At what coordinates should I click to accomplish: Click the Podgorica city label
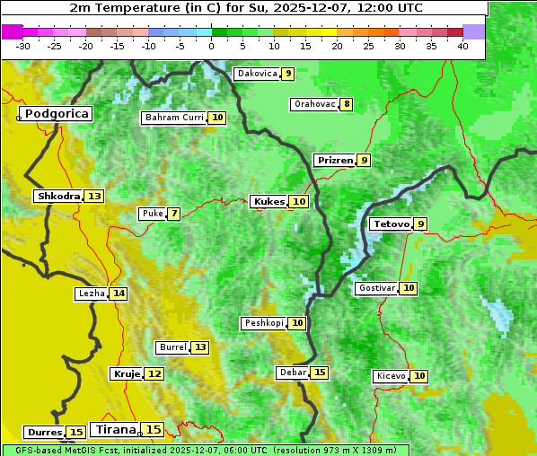click(56, 114)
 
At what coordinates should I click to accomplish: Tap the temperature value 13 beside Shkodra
click(94, 196)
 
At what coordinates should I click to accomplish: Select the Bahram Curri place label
click(174, 118)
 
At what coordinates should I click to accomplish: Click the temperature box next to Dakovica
click(286, 74)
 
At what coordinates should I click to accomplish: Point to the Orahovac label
click(314, 104)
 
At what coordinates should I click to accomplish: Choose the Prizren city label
click(335, 161)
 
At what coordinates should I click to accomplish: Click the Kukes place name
click(268, 202)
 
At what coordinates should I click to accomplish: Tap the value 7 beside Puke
click(173, 214)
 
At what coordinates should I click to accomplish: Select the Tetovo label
click(391, 224)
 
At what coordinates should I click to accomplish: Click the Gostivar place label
click(375, 288)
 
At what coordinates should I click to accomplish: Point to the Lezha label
click(92, 294)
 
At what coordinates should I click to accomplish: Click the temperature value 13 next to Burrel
click(199, 347)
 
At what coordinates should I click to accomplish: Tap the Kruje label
click(127, 373)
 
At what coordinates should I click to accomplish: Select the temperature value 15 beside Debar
click(320, 373)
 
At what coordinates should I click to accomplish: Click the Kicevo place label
click(391, 376)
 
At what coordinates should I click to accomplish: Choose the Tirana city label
click(114, 430)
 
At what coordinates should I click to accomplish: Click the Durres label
click(44, 433)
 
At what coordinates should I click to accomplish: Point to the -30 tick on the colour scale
click(23, 46)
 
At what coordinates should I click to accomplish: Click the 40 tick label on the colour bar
click(462, 46)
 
